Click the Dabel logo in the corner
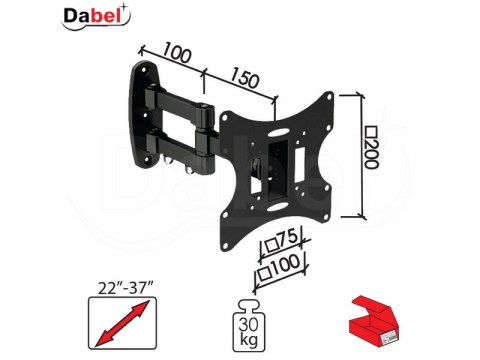point(96,16)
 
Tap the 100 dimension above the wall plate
point(177,54)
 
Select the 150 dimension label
point(244,78)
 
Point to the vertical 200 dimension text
point(372,147)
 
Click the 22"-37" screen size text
point(125,287)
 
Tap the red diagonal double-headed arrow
point(122,323)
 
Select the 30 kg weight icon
point(249,326)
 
